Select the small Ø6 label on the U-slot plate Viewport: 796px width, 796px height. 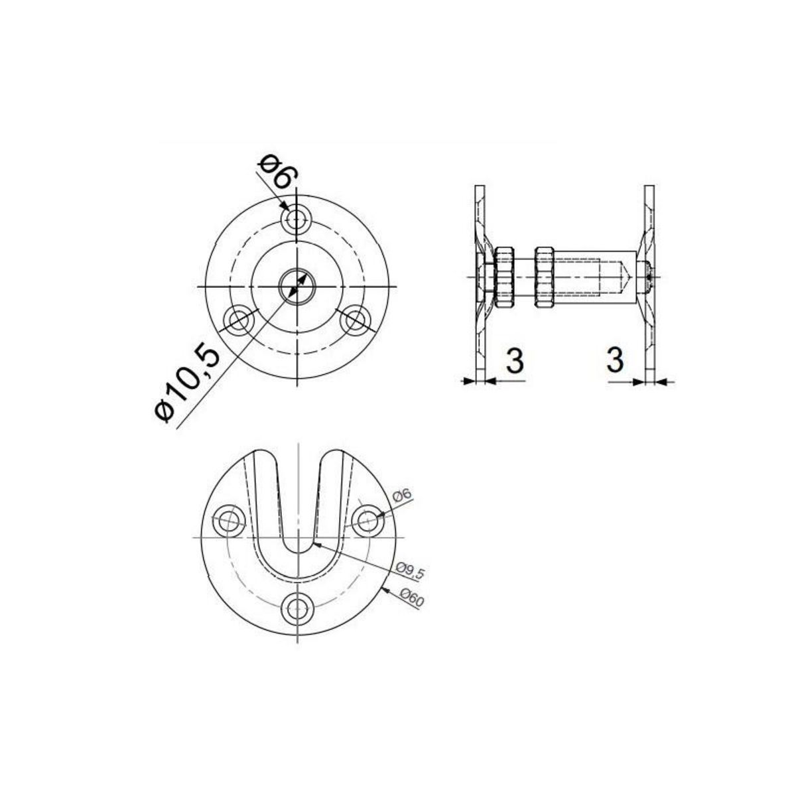click(x=403, y=495)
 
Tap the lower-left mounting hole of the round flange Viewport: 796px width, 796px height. click(x=239, y=320)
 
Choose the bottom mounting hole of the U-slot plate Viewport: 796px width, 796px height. click(x=297, y=606)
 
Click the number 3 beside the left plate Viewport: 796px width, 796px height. click(x=515, y=360)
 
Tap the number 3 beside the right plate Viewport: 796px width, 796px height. click(x=615, y=360)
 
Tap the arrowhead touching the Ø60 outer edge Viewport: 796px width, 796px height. click(x=386, y=588)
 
